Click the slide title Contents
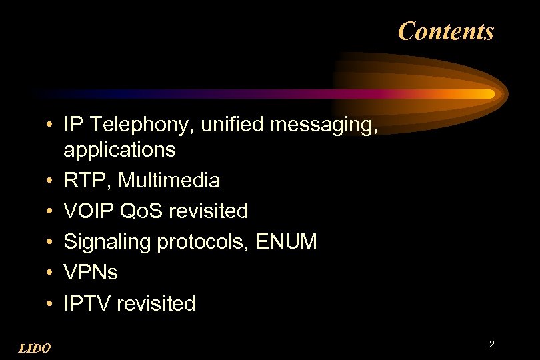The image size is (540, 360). coord(445,31)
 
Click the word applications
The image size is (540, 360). coord(119,150)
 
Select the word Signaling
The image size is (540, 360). coord(107,242)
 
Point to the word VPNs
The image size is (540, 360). coord(91,272)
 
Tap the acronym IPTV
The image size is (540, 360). coord(87,303)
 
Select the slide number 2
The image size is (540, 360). coord(491,344)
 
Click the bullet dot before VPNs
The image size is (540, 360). coord(51,273)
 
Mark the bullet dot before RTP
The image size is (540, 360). coord(51,181)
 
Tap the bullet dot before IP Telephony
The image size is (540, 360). coord(51,125)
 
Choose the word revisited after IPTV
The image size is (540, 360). coord(156,303)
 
